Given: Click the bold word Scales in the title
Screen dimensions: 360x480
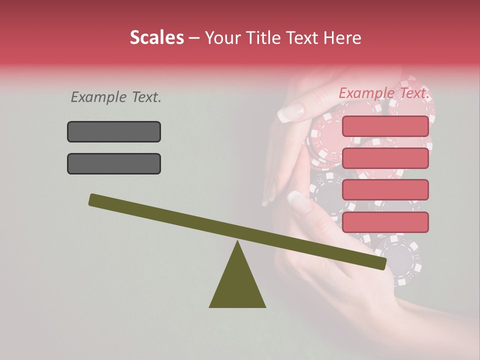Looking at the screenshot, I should click(156, 38).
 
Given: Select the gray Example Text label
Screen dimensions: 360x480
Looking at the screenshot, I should click(116, 97).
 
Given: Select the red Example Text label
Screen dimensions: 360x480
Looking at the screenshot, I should click(384, 93).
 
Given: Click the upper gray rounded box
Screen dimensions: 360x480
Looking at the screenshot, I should click(114, 131).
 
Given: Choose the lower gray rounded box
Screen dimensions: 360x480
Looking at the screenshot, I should click(114, 163).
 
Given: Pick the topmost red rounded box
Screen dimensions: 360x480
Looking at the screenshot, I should click(385, 126).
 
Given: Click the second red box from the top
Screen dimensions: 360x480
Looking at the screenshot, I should click(385, 158).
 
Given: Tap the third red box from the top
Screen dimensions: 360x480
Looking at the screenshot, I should click(385, 190).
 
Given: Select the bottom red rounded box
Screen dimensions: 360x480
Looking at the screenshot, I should click(385, 222).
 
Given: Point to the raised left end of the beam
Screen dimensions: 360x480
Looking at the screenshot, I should click(92, 199).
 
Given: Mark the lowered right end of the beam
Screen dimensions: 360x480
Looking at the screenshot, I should click(382, 263).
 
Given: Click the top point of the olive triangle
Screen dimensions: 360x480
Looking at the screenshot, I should click(237, 242).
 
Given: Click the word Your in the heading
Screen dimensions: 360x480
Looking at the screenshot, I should click(222, 38).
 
